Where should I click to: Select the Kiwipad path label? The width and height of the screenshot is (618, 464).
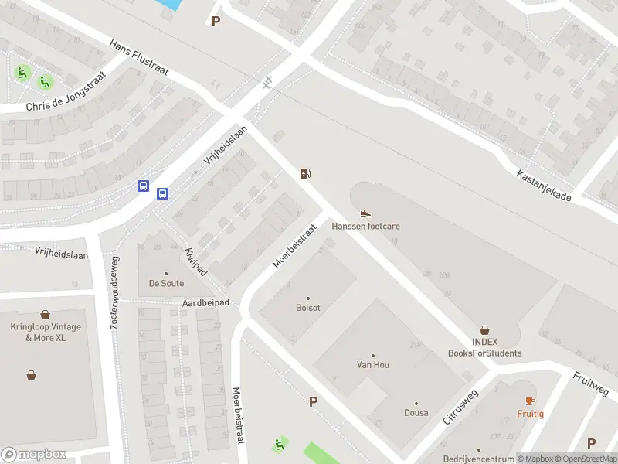(195, 261)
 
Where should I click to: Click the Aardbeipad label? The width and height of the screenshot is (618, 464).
(206, 303)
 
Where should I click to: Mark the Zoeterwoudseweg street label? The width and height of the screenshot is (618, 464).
(115, 293)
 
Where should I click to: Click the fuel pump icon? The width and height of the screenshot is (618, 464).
(306, 173)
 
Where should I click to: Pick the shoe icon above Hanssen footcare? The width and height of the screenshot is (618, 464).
(365, 213)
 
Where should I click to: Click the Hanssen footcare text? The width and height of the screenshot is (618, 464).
(365, 227)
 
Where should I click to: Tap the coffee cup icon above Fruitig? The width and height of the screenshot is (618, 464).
(530, 401)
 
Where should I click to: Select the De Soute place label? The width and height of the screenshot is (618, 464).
(166, 283)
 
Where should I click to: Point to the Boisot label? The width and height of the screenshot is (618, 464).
(307, 308)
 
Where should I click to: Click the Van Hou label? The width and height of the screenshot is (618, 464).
(372, 365)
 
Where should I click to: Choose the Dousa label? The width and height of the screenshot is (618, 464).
(416, 413)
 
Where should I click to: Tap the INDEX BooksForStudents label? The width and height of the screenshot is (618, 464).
(484, 348)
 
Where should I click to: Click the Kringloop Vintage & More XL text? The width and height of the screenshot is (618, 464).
(46, 333)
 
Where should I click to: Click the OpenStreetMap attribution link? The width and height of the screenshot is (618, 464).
(586, 459)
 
